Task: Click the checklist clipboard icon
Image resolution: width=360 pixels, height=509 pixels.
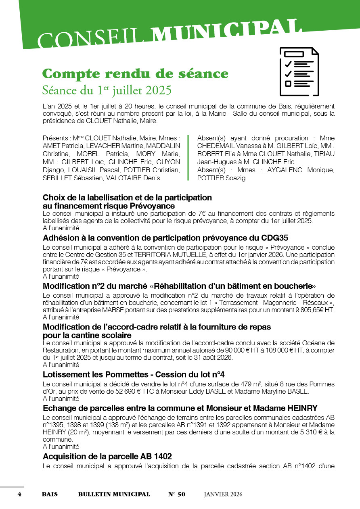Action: [299, 71]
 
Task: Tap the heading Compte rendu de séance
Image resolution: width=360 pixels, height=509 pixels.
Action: [135, 74]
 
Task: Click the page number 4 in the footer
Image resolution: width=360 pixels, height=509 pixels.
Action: [19, 494]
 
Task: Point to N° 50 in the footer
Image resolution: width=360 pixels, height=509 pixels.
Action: [176, 494]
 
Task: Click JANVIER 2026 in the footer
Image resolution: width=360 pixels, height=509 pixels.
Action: [223, 494]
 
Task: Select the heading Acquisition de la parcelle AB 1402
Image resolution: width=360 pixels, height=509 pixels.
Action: [107, 456]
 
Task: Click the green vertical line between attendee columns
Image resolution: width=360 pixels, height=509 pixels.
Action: [188, 158]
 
